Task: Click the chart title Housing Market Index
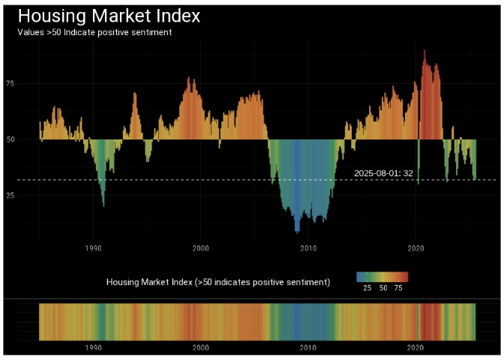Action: [108, 16]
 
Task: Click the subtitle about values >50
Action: [94, 32]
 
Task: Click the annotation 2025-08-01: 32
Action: [383, 173]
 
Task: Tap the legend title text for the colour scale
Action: [218, 283]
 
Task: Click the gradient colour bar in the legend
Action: [382, 277]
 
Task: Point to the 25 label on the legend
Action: [367, 288]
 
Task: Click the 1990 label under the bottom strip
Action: [94, 348]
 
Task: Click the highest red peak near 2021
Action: [424, 51]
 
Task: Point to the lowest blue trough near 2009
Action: [297, 232]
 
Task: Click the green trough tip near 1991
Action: [103, 205]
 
